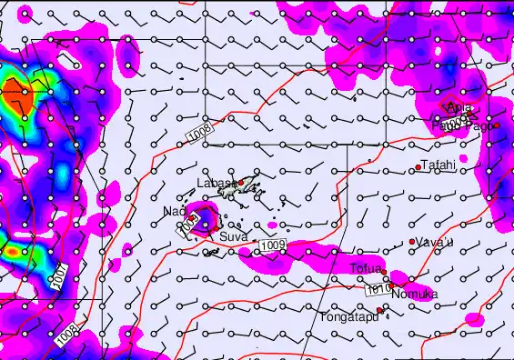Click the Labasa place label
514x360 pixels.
214,184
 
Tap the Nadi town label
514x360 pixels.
174,212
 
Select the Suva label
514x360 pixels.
233,236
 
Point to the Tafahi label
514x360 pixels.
438,165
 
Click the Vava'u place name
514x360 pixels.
433,243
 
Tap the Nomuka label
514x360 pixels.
415,295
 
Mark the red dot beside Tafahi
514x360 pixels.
418,166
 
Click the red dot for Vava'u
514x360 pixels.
412,241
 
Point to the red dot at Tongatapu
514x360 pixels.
379,311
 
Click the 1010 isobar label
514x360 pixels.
378,289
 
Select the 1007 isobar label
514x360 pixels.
58,281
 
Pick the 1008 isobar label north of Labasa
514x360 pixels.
202,134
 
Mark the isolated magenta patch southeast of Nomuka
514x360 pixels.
473,319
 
